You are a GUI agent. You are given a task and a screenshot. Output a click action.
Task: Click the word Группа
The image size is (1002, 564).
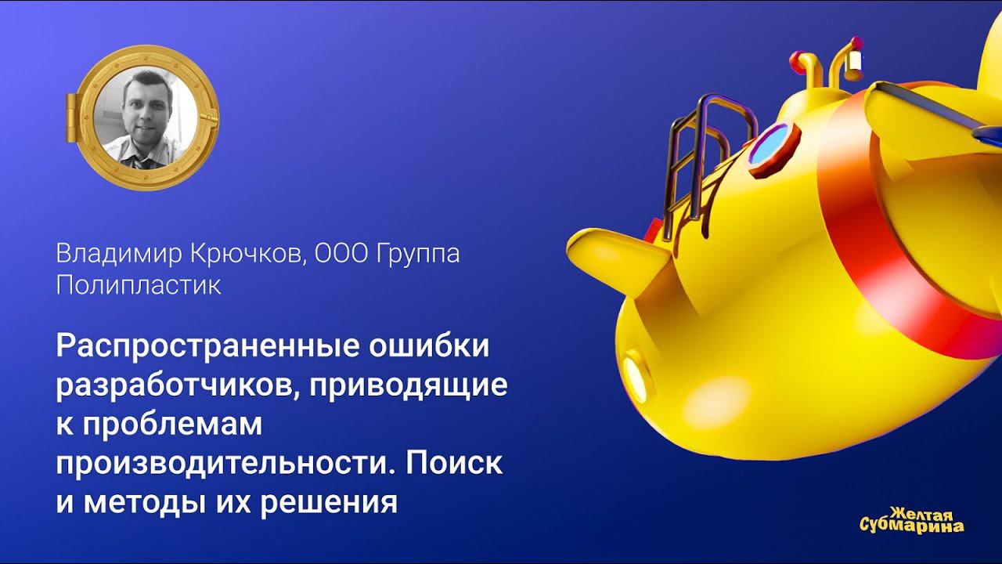tap(415, 254)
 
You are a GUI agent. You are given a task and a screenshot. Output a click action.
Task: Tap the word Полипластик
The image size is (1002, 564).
tap(139, 285)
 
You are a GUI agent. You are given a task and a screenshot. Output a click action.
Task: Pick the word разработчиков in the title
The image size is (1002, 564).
tap(172, 385)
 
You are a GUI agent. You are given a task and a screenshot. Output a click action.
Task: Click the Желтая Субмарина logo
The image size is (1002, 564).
tap(911, 520)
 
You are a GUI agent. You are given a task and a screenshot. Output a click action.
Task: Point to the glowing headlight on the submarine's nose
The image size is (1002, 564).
tap(633, 375)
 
